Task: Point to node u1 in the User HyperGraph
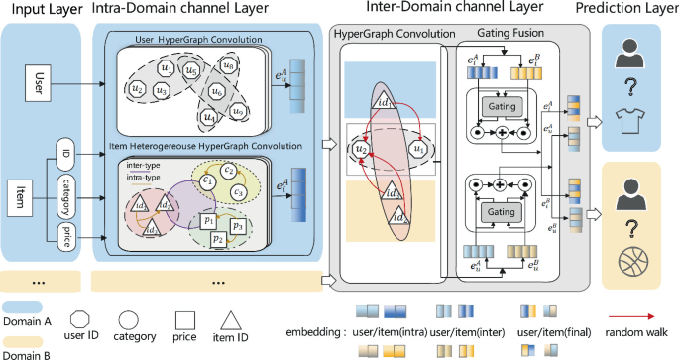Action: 167,68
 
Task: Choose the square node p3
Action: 238,226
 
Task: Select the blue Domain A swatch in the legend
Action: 25,309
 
